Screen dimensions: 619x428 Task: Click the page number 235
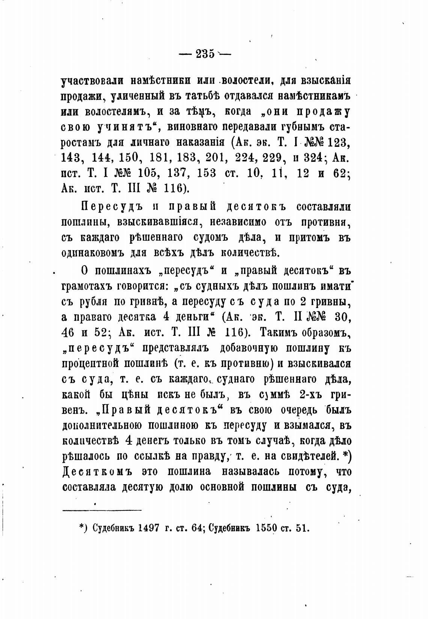click(205, 54)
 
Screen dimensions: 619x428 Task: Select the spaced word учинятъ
click(126, 127)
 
